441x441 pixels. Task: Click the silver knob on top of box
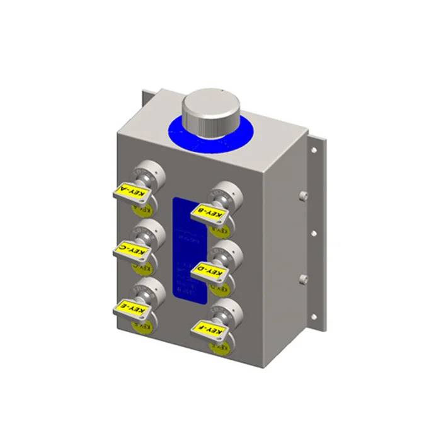click(x=210, y=113)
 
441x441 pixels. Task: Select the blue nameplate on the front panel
click(x=189, y=252)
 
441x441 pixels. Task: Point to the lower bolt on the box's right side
click(x=302, y=277)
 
